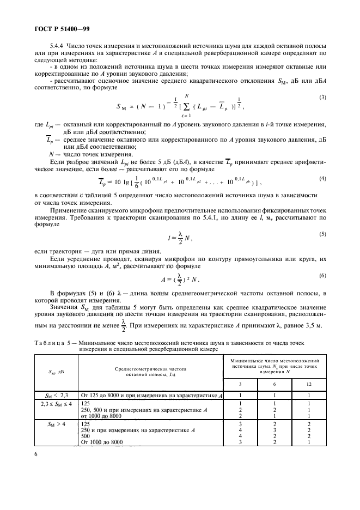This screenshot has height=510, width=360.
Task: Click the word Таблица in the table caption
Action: click(x=48, y=343)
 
